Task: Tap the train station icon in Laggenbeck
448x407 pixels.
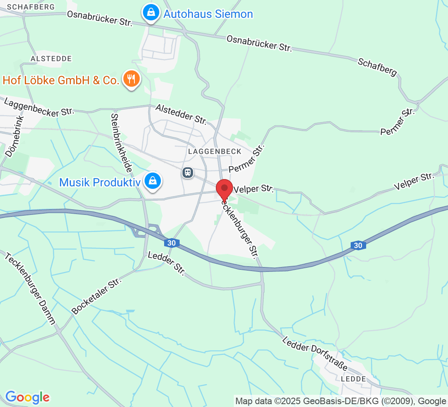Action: pyautogui.click(x=187, y=173)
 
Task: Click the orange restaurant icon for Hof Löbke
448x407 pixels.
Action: pyautogui.click(x=131, y=79)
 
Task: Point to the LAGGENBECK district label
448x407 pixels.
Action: pyautogui.click(x=215, y=151)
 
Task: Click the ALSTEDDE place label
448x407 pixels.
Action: pyautogui.click(x=51, y=59)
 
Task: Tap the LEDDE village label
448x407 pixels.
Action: pyautogui.click(x=353, y=379)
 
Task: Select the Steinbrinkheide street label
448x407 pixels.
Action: pyautogui.click(x=121, y=142)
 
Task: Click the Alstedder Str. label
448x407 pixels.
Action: pyautogui.click(x=182, y=114)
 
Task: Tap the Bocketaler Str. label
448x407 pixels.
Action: pyautogui.click(x=97, y=294)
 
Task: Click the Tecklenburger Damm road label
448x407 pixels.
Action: pyautogui.click(x=30, y=289)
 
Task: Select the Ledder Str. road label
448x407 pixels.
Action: pyautogui.click(x=167, y=264)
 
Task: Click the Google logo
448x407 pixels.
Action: pyautogui.click(x=27, y=397)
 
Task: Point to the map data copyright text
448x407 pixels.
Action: pyautogui.click(x=340, y=401)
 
